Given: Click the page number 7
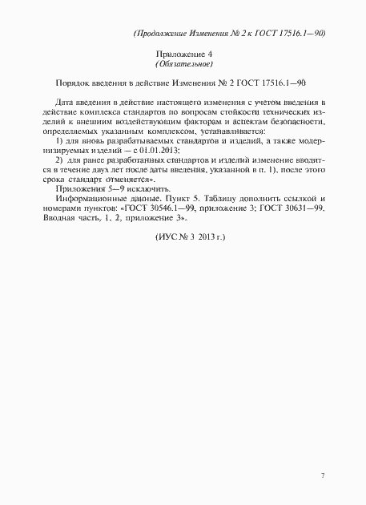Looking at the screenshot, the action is tap(322, 476).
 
